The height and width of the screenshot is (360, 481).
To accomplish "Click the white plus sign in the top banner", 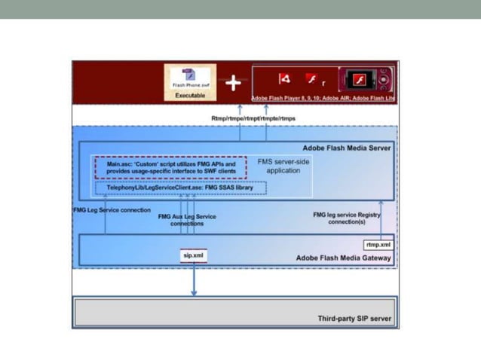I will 234,83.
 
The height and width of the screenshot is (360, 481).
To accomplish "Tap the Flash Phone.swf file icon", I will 189,78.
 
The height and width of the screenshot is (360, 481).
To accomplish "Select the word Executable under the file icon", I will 189,96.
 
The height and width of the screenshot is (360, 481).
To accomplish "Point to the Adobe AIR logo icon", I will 284,79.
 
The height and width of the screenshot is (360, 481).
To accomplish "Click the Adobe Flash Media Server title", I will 346,148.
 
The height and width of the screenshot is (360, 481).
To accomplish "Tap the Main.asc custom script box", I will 170,167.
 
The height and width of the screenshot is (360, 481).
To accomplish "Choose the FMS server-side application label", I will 283,166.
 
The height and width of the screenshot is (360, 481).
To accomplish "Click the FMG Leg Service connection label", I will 112,210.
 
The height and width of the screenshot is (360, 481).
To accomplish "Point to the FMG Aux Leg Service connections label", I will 187,220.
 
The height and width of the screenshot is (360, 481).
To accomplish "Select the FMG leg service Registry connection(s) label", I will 346,218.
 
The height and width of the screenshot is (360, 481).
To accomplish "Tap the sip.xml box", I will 194,256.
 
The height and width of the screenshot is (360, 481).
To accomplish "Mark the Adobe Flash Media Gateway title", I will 343,258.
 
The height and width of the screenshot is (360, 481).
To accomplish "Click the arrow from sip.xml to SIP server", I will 194,279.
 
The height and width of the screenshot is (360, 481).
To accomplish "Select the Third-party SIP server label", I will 354,319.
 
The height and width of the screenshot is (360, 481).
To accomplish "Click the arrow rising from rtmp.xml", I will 381,218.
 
